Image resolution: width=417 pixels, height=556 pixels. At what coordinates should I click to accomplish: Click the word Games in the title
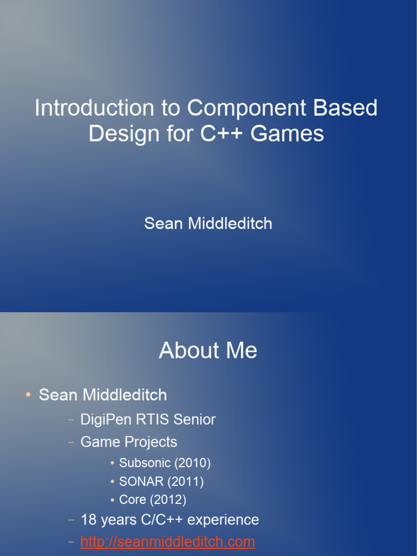click(287, 133)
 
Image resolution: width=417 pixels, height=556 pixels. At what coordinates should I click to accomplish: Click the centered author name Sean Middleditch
click(208, 223)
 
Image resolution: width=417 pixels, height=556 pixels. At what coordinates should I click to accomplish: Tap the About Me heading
click(208, 351)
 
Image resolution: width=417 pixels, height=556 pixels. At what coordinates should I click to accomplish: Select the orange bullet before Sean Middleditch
click(28, 395)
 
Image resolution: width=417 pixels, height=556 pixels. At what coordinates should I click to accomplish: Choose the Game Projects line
click(129, 442)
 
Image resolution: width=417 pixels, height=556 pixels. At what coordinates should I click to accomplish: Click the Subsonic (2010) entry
click(165, 463)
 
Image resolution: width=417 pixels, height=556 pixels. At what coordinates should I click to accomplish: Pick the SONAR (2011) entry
click(161, 481)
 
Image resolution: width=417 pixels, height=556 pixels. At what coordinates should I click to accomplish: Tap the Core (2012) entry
click(153, 499)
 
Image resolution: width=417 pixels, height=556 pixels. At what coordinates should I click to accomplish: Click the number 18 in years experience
click(88, 520)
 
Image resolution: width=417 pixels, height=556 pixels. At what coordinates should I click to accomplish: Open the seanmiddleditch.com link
click(168, 541)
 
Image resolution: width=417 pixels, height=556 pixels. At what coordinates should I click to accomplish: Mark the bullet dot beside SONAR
click(112, 482)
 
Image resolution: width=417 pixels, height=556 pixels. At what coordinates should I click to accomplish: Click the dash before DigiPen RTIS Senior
click(71, 420)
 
